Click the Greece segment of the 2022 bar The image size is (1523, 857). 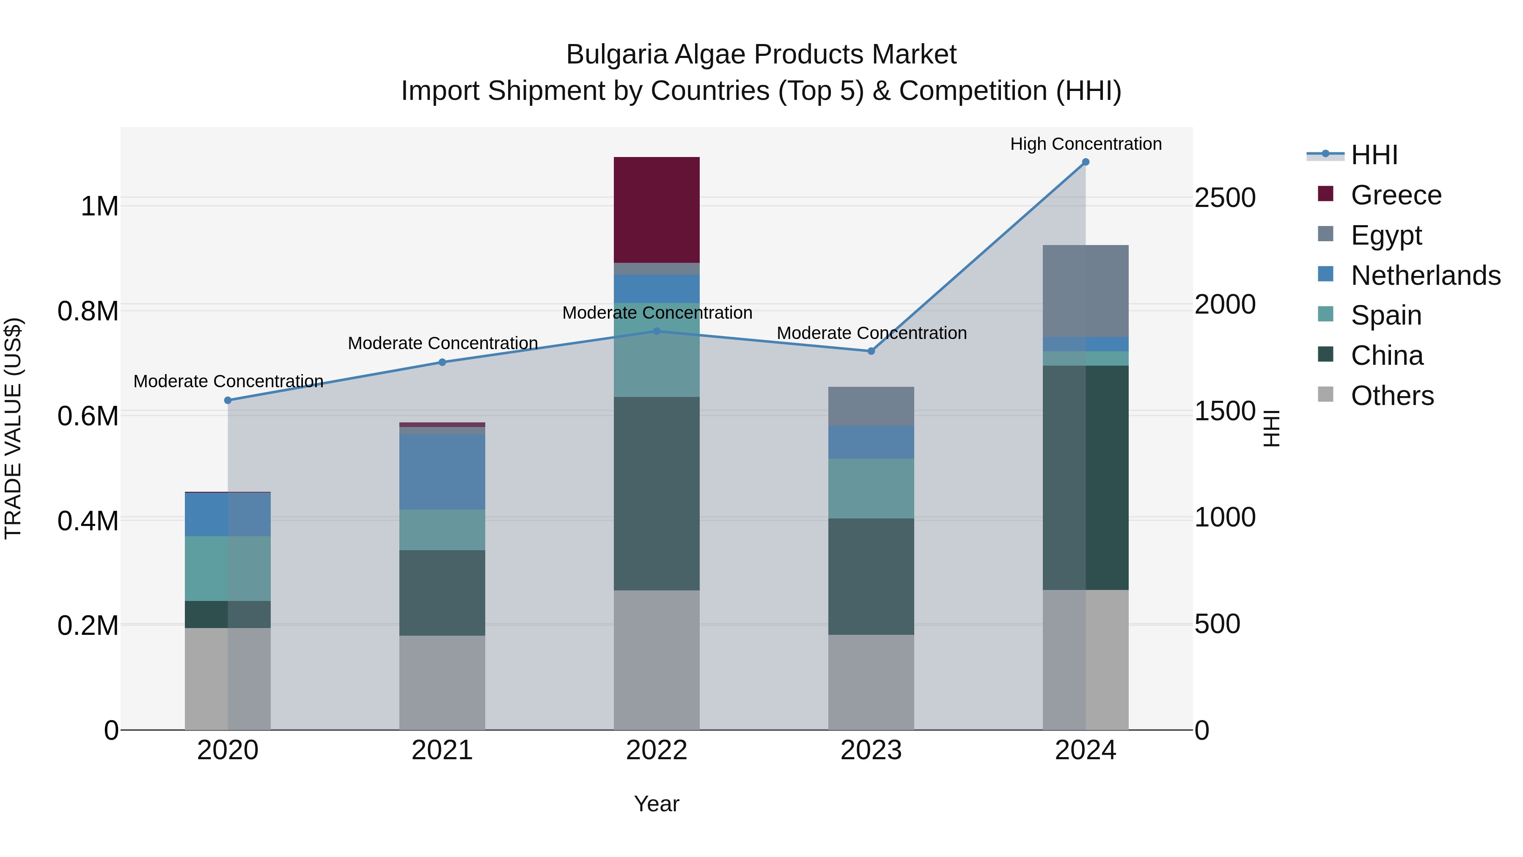point(656,210)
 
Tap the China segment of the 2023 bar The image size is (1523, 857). point(871,577)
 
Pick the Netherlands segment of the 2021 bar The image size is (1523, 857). point(442,472)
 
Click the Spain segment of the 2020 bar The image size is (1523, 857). point(228,568)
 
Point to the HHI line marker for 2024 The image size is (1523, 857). point(1086,162)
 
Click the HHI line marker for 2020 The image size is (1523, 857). point(228,400)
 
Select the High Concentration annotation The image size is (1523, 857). point(1086,144)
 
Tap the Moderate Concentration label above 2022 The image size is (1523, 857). point(657,313)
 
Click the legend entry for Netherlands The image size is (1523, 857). point(1425,276)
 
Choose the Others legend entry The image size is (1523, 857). point(1392,396)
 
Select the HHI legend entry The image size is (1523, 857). point(1374,155)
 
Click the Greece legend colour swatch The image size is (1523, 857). point(1325,194)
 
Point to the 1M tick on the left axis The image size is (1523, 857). point(99,207)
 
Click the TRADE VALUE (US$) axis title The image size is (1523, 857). point(13,428)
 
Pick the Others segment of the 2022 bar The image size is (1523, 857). point(656,659)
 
